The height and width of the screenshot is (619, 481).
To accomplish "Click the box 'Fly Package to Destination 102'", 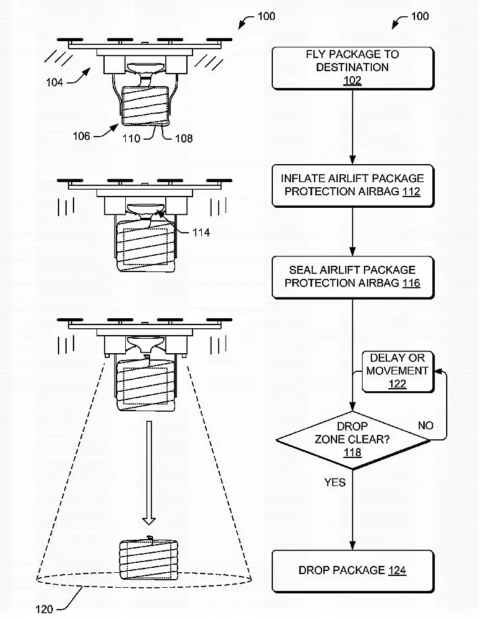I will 352,67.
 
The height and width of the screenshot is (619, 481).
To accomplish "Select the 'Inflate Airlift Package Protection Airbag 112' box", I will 352,185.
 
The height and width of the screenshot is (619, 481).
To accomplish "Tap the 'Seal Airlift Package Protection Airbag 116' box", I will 352,276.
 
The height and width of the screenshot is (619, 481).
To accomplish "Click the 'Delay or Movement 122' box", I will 398,371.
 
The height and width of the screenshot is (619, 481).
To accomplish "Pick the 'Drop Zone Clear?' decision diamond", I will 353,439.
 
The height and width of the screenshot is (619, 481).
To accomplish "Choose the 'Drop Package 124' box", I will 353,570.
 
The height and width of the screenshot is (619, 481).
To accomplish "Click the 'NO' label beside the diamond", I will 426,426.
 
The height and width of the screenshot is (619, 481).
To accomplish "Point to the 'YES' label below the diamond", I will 335,482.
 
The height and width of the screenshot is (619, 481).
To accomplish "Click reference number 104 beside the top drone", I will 54,82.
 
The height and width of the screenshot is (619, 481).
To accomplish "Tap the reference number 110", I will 131,139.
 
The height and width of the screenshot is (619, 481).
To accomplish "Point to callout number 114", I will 201,233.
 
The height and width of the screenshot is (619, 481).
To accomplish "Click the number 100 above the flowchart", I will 420,16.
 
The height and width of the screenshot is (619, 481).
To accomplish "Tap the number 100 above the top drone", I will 266,16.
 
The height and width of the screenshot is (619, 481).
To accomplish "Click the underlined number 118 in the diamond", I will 353,452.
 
